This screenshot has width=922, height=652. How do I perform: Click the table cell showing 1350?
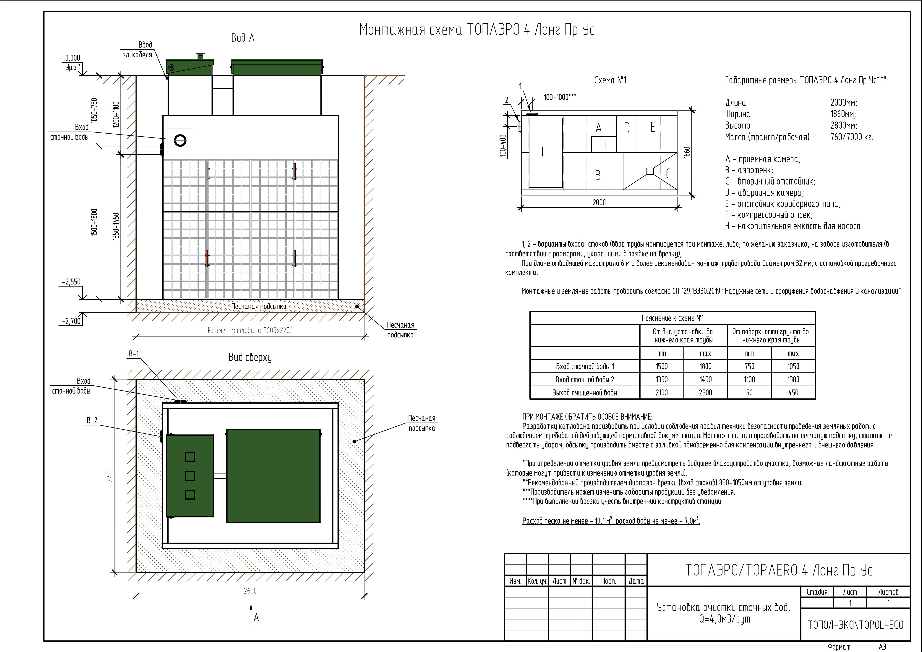tap(661, 379)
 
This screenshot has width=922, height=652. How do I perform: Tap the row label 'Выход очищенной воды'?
tap(585, 392)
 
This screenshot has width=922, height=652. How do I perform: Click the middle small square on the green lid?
tap(190, 476)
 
